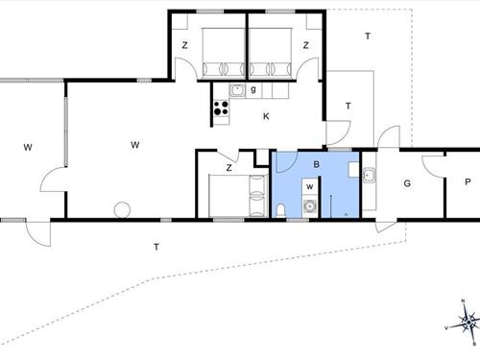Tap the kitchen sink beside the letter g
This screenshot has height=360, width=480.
tap(236, 91)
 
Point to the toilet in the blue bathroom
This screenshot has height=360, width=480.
tap(279, 209)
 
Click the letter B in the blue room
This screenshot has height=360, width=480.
tap(316, 164)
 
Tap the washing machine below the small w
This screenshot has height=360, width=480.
tap(310, 205)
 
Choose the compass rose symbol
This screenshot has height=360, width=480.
tap(466, 324)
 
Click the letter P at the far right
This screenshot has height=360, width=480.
tap(467, 182)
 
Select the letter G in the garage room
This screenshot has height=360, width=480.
tap(407, 182)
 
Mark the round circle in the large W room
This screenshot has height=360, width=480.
tap(122, 208)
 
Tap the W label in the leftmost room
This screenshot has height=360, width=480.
tap(29, 147)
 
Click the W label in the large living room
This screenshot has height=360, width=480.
tap(135, 145)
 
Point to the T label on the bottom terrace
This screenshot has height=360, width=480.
tap(156, 248)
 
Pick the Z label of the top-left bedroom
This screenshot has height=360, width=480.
tap(185, 45)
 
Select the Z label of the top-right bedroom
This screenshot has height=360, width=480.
tap(306, 45)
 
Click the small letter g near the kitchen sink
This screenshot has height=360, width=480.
tap(252, 91)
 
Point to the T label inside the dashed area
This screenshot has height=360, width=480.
tap(367, 36)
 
